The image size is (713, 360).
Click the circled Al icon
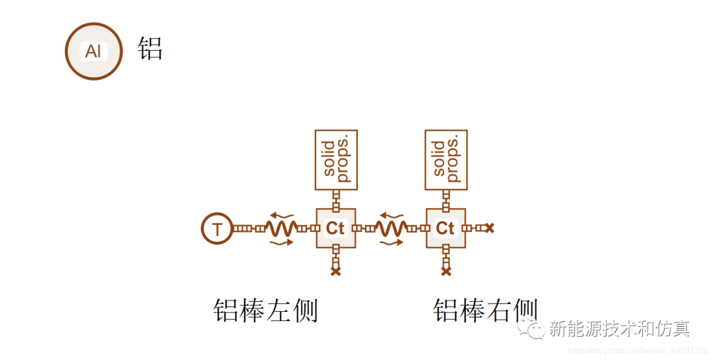click(94, 51)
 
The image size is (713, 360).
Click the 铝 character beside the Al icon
click(151, 49)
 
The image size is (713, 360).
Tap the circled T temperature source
click(217, 229)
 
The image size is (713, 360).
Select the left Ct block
click(335, 229)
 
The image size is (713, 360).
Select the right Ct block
click(446, 229)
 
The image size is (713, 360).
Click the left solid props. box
click(336, 159)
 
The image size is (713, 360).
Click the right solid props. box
click(446, 159)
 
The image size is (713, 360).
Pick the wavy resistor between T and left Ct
click(282, 229)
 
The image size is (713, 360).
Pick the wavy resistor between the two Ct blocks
click(392, 229)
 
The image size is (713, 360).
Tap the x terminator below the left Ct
click(335, 271)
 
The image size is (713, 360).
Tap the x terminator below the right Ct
click(446, 271)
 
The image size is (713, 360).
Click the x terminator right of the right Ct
click(489, 229)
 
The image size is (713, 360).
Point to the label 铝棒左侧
click(265, 310)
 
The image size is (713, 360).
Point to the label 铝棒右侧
click(485, 310)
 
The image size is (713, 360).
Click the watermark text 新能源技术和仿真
click(619, 328)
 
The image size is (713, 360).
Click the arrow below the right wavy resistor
click(392, 243)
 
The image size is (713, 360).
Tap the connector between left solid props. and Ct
click(335, 199)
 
